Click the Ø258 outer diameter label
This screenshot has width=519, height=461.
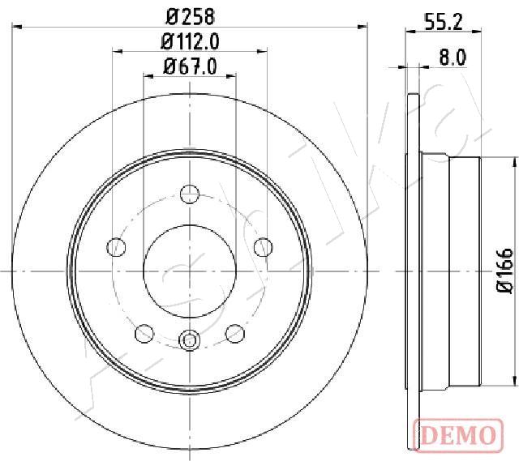pos(191,16)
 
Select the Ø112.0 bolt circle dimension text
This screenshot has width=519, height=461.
pos(190,42)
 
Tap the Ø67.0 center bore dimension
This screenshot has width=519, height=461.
pos(190,66)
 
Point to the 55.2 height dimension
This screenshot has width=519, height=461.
pos(444,22)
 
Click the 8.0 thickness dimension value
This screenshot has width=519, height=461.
pos(453,58)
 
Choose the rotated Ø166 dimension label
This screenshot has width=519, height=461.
pos(505,270)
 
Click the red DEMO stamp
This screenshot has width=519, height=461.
pos(459,434)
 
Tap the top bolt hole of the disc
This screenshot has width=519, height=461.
pos(190,194)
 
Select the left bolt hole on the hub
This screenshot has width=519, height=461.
pos(117,247)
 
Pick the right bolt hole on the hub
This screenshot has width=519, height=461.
pos(263,247)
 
